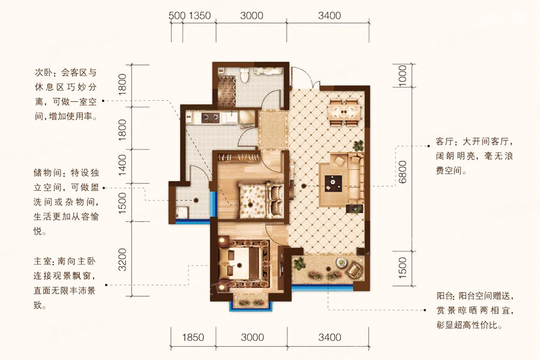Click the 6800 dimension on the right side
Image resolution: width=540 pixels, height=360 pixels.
[402, 172]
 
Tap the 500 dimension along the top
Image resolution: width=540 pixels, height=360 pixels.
[177, 16]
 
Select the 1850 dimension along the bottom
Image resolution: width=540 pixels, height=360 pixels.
[193, 337]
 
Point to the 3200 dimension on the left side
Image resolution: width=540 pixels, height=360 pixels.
[122, 259]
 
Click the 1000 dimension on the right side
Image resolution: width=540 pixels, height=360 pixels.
[402, 76]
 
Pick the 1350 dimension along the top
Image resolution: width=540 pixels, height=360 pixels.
[200, 16]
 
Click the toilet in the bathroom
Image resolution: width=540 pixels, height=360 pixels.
[245, 74]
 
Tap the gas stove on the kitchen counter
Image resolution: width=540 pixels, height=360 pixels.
[211, 118]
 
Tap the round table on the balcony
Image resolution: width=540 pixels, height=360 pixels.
[341, 263]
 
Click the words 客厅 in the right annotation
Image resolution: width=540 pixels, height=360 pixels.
[446, 142]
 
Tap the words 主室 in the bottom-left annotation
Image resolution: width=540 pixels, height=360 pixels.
[43, 262]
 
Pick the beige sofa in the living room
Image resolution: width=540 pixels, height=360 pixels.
[354, 178]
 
